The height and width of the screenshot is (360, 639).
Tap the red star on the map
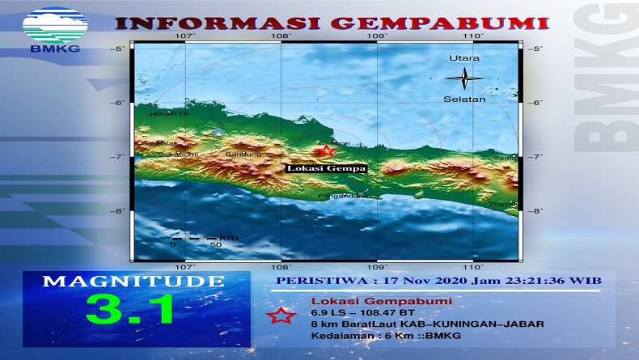click(325, 150)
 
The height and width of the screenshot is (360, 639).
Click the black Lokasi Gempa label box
click(325, 169)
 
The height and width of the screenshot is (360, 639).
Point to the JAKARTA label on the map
click(168, 114)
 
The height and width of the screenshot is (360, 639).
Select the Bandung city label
click(244, 154)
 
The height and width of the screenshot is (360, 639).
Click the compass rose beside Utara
click(464, 78)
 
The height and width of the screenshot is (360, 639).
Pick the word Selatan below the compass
click(464, 99)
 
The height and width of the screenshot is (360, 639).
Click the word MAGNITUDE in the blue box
click(133, 282)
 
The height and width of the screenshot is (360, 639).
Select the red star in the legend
click(282, 315)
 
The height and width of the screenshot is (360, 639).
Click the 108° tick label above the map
click(281, 36)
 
